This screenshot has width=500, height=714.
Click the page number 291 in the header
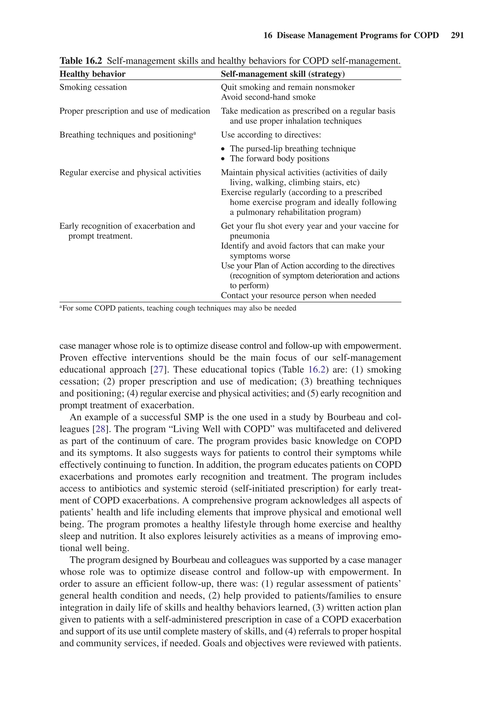pos(457,35)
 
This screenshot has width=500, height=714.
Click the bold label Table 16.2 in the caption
pos(81,61)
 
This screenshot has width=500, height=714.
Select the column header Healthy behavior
pos(93,74)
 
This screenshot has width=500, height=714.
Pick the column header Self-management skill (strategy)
pos(282,74)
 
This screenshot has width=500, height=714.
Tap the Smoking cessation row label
pos(93,87)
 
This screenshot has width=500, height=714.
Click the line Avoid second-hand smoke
pos(268,97)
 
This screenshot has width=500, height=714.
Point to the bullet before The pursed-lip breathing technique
pos(223,149)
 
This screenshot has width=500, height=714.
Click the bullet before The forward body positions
pos(223,159)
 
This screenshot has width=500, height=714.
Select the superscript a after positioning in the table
pos(195,133)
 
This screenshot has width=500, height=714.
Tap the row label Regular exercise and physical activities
pos(130,173)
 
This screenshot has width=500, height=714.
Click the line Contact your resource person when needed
pos(298,296)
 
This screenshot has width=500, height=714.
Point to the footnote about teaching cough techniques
pos(178,308)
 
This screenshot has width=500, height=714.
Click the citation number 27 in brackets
pos(158,369)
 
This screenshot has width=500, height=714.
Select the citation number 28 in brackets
pos(100,429)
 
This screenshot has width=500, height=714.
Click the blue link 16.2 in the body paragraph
pos(316,369)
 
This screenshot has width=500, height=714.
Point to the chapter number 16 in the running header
pos(268,35)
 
